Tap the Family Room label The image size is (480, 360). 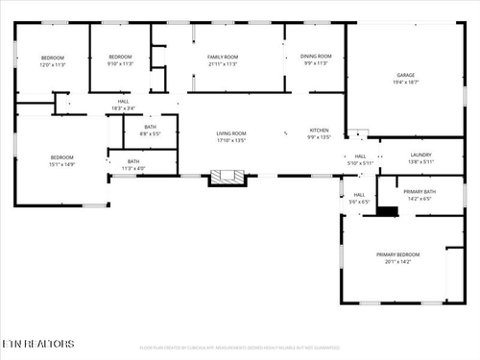[x=223, y=58]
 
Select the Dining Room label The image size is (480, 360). [x=316, y=58]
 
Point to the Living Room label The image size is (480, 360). [x=230, y=133]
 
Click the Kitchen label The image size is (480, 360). [x=319, y=131]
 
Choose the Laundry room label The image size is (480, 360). [x=420, y=155]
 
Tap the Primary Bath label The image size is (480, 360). [x=420, y=192]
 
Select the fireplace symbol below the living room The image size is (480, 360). [x=228, y=177]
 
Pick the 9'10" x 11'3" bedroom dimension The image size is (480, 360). [x=119, y=64]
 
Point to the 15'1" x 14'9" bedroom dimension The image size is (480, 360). [x=62, y=164]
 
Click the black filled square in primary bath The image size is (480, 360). [x=387, y=211]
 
